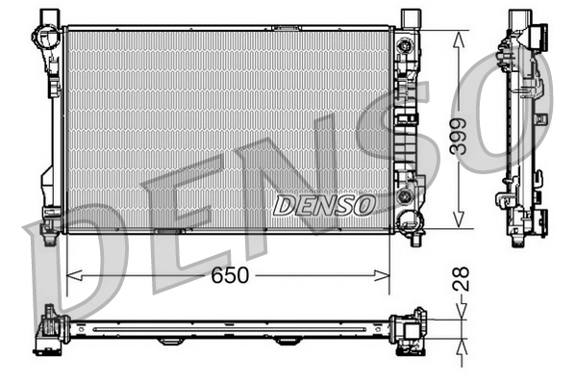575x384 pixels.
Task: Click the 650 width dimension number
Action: (x=230, y=275)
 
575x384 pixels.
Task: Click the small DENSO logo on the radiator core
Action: (x=323, y=204)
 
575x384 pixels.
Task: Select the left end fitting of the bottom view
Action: (x=49, y=330)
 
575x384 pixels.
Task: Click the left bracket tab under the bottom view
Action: (x=170, y=341)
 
